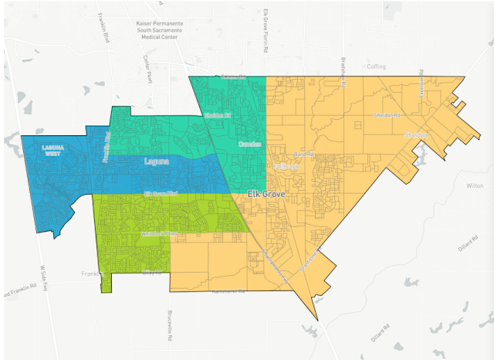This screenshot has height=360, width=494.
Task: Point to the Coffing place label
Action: coord(376,67)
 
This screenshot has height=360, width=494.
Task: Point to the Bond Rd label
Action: coord(303,155)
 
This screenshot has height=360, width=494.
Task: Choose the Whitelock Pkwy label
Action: coord(159,233)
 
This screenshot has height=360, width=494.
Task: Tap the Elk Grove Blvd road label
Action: coord(162,193)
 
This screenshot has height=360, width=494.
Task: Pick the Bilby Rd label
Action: coord(152,272)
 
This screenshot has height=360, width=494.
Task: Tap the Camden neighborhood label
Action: coord(249,144)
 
